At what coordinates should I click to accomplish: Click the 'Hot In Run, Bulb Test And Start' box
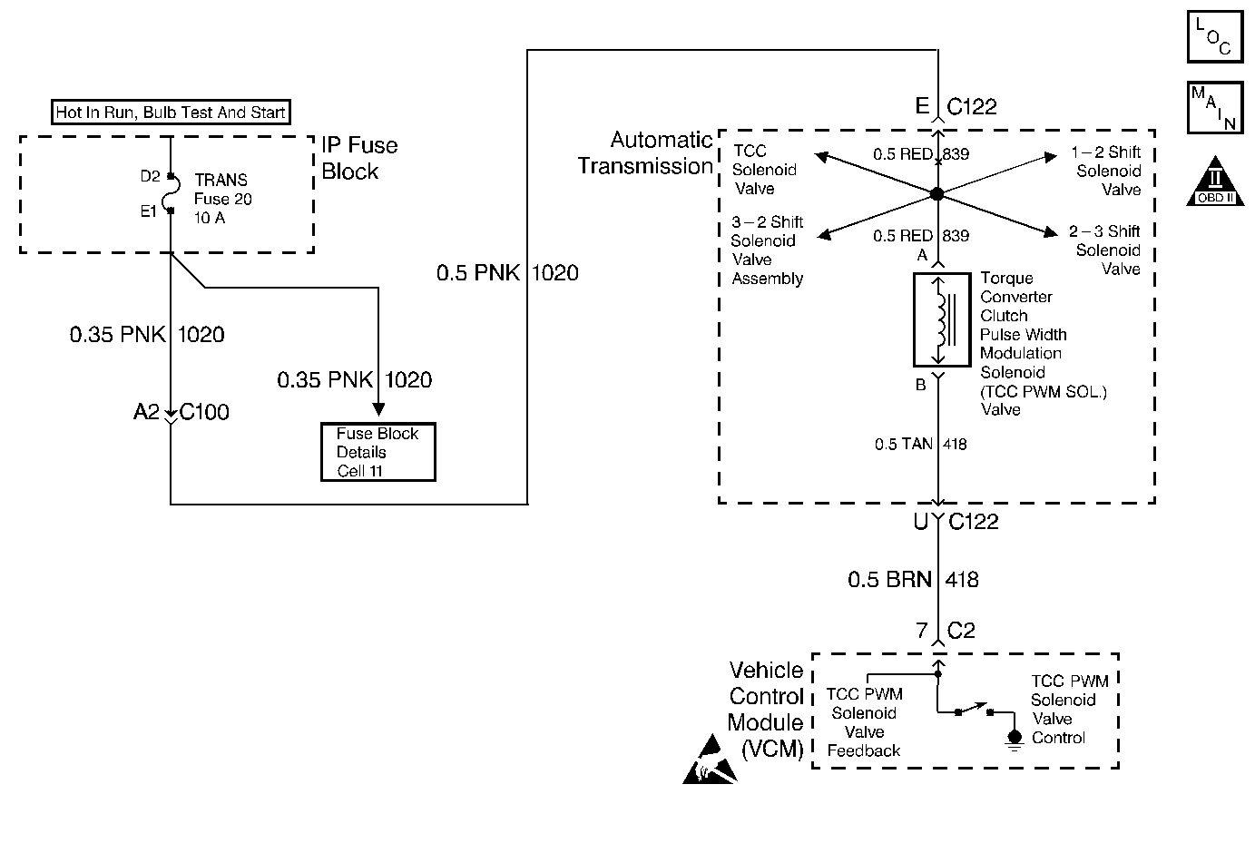pos(171,113)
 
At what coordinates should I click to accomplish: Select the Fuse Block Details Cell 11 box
pos(377,452)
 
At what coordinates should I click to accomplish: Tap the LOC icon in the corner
pos(1214,36)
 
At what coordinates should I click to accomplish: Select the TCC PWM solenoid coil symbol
pos(941,319)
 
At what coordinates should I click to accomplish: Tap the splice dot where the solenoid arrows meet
pos(937,194)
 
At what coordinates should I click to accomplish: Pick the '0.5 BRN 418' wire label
pos(913,580)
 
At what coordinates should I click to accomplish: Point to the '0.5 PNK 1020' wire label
pos(507,273)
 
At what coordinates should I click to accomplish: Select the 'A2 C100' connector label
pos(181,413)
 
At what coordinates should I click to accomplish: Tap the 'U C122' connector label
pos(956,522)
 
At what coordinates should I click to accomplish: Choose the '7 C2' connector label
pos(946,631)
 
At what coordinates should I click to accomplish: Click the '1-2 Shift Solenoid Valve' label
pos(1107,171)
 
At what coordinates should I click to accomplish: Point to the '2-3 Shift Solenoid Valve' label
pos(1106,250)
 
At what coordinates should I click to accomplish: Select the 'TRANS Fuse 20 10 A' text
pos(222,199)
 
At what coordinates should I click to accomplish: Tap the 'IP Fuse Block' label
pos(359,158)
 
